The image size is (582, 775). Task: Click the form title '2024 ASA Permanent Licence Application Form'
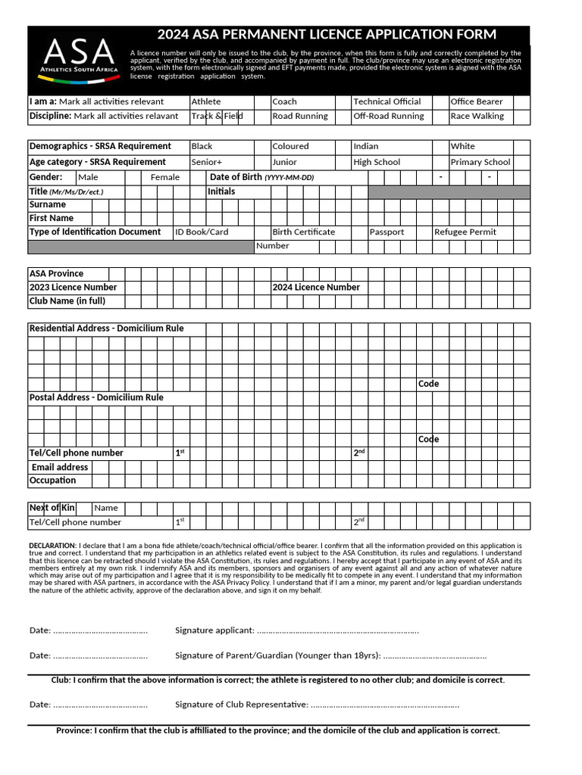(327, 35)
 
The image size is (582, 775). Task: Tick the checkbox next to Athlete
(261, 101)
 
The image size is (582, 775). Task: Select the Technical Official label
(386, 101)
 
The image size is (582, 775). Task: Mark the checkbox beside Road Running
(343, 117)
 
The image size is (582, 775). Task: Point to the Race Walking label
(476, 117)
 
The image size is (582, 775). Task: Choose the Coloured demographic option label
(290, 146)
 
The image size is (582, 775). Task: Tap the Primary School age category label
(480, 162)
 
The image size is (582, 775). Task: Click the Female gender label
(165, 177)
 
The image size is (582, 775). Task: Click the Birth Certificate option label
(303, 232)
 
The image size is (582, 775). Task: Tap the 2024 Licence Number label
(316, 288)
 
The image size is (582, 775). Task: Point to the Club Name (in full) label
(67, 301)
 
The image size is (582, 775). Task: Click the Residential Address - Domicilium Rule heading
(106, 328)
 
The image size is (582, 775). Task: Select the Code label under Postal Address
(428, 440)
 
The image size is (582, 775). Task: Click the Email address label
(60, 468)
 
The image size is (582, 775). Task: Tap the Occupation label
(52, 481)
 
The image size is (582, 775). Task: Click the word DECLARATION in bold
(52, 546)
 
